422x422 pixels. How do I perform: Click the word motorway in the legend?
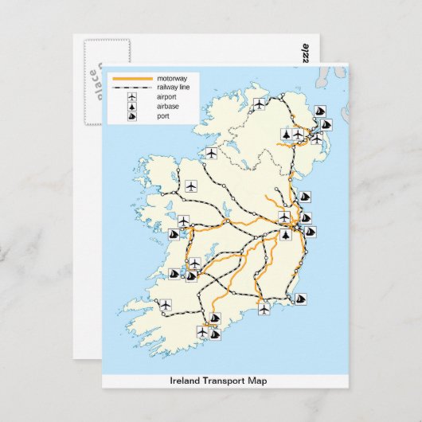point(171,79)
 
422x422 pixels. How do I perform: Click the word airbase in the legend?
point(168,106)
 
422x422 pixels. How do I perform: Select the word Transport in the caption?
point(225,381)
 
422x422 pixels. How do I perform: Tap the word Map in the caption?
point(259,381)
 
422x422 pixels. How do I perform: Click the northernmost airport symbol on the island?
point(259,104)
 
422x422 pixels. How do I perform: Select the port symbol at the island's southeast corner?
point(301,299)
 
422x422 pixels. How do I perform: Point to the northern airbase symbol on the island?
point(287,134)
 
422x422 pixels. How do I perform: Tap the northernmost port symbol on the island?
point(316,111)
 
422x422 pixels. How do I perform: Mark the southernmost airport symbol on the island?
point(202,331)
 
